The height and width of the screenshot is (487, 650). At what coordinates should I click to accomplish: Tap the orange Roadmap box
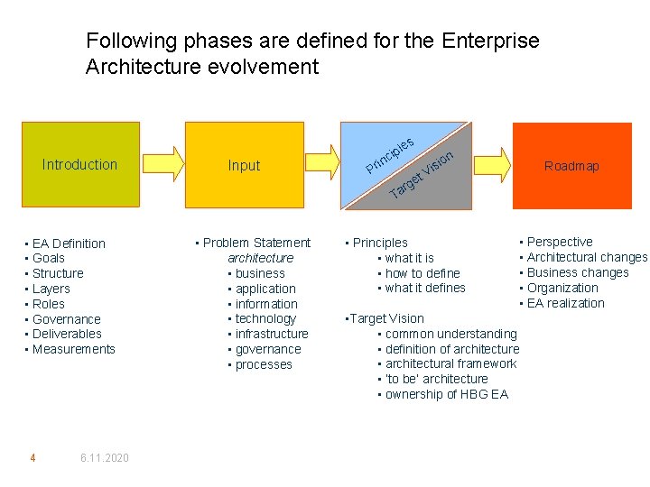(x=571, y=165)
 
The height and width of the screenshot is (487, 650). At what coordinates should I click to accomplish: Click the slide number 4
(x=32, y=458)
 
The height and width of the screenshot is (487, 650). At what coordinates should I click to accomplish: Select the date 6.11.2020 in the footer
(x=104, y=458)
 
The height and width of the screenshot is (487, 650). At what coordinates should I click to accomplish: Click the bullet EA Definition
(x=69, y=243)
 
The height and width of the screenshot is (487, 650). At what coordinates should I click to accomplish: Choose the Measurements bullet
(x=73, y=349)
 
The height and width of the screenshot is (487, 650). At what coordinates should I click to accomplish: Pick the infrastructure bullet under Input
(x=272, y=334)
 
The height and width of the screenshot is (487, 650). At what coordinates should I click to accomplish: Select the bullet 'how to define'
(x=422, y=273)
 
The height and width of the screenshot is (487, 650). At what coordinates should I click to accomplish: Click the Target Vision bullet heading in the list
(x=386, y=318)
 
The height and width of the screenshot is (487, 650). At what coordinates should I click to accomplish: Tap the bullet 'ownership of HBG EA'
(x=446, y=394)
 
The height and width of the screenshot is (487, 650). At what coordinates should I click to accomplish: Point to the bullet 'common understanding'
(x=450, y=334)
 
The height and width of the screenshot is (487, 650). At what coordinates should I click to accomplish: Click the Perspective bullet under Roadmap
(x=560, y=242)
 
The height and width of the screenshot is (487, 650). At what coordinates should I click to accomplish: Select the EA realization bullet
(x=565, y=303)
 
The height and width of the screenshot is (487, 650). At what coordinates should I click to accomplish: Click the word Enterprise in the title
(x=491, y=41)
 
